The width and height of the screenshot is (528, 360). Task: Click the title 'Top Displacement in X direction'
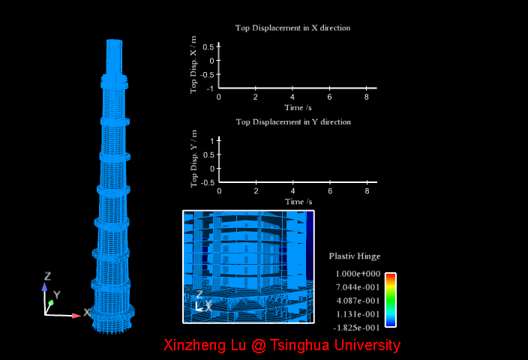click(292, 28)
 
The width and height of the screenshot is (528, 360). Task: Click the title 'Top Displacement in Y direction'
click(292, 121)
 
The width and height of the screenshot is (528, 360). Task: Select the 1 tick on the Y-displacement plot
click(212, 140)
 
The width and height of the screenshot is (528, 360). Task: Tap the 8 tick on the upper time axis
click(365, 97)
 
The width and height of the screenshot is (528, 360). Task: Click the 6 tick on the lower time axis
click(328, 191)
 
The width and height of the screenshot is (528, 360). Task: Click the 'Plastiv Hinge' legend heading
click(354, 256)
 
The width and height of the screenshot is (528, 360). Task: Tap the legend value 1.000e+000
click(358, 274)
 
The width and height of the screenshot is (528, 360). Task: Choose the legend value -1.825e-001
click(356, 328)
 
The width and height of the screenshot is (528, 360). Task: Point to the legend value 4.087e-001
click(358, 301)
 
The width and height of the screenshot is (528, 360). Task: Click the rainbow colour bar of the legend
click(390, 300)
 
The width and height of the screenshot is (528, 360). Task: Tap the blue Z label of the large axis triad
click(47, 276)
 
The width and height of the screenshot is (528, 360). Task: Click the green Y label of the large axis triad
click(56, 295)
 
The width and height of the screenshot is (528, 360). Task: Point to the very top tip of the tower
click(113, 40)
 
